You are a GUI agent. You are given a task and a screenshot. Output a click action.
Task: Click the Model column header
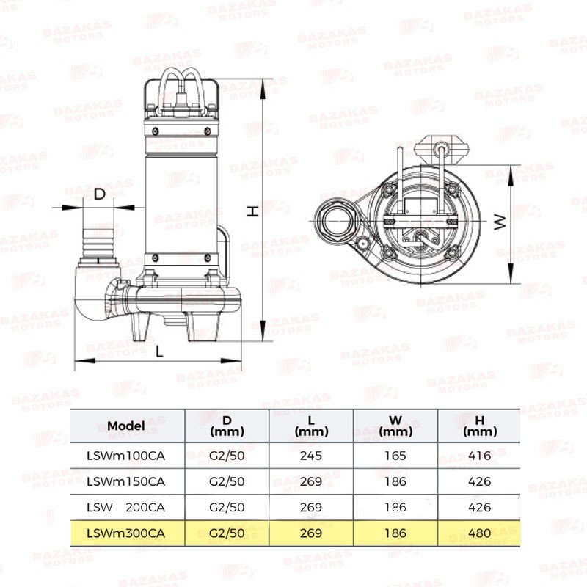[x=125, y=426]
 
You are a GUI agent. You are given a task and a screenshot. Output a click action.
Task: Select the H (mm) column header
[x=480, y=426]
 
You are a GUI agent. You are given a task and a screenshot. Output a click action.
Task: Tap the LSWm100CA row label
[x=125, y=456]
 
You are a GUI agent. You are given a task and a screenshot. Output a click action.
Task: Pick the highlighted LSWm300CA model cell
[x=125, y=533]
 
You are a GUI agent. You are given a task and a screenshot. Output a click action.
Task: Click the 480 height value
[x=480, y=533]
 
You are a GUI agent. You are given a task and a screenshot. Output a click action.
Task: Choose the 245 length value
[x=311, y=456]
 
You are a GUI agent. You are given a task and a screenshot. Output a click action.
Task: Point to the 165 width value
[x=395, y=456]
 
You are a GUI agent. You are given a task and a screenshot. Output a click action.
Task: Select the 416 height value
[x=480, y=456]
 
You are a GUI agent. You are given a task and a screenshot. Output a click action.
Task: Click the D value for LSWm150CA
[x=227, y=481]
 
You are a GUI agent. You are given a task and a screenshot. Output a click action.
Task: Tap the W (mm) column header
[x=395, y=426]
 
